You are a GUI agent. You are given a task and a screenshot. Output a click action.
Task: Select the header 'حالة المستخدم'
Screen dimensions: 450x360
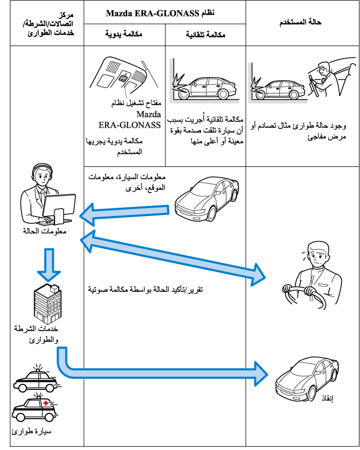299,23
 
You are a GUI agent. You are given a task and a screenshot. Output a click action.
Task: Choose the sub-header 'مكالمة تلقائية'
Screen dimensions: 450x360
206,35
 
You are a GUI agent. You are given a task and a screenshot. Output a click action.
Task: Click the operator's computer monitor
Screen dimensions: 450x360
56,204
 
